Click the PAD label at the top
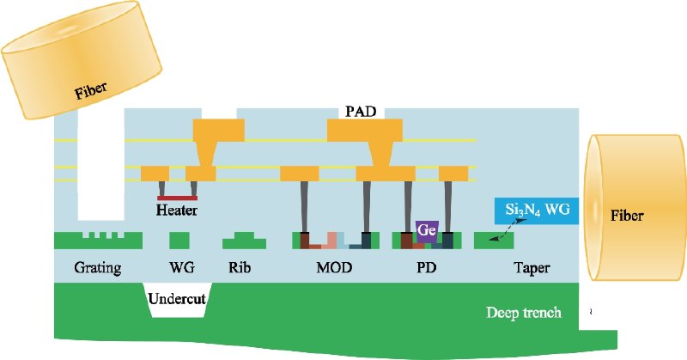(361, 111)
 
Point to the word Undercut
(178, 301)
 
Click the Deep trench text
(523, 313)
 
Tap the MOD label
(335, 268)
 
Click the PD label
(426, 268)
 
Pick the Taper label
(532, 268)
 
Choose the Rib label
(242, 268)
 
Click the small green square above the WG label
(179, 240)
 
